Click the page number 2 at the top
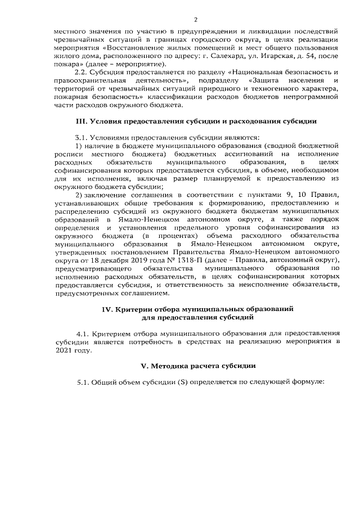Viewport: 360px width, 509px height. [x=180, y=19]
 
